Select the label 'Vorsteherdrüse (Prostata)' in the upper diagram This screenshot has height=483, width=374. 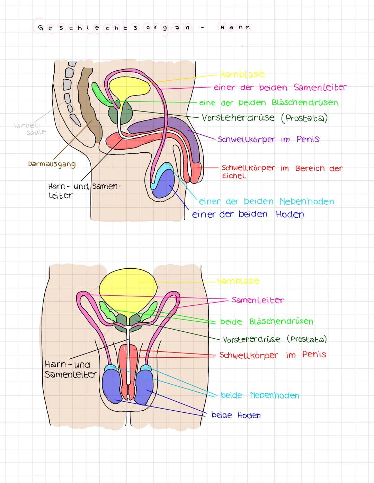click(265, 118)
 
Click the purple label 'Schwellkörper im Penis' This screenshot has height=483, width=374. click(268, 140)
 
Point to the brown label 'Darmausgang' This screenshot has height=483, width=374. click(52, 164)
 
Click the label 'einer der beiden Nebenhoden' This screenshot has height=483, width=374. click(266, 202)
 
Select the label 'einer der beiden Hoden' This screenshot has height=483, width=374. click(248, 214)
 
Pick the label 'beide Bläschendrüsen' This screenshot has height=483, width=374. click(266, 322)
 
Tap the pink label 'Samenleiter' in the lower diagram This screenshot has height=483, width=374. click(258, 300)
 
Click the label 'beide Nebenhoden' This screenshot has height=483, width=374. click(260, 395)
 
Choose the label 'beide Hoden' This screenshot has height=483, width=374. click(236, 415)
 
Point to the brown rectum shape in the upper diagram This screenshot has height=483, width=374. click(91, 111)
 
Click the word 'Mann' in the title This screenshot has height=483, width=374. click(235, 27)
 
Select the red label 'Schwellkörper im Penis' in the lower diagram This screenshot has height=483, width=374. click(273, 355)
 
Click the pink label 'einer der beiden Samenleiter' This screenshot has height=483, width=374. click(280, 88)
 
